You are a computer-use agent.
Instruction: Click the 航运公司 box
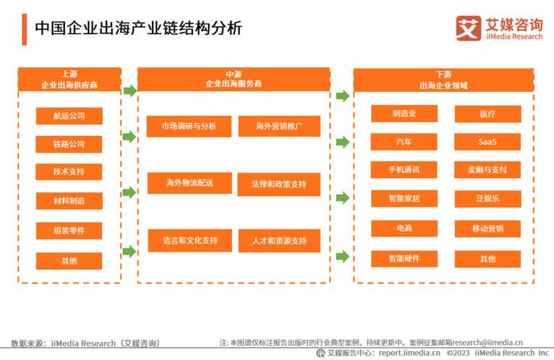pos(70,116)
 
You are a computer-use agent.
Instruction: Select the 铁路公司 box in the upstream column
pos(69,144)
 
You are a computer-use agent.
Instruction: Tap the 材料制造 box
pos(70,201)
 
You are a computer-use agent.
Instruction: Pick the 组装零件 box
pos(69,231)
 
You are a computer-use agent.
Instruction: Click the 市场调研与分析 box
pos(189,126)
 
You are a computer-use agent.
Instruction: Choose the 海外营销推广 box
pos(279,126)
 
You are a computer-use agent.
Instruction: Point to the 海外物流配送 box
pos(190,183)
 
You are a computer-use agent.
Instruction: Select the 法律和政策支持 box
pos(279,184)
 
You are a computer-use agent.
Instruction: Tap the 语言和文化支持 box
pos(190,241)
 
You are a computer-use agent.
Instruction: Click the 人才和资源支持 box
pos(279,241)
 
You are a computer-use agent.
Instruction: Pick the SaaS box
pos(488,142)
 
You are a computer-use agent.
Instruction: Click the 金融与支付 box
pos(488,170)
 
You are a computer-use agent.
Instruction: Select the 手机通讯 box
pos(404,170)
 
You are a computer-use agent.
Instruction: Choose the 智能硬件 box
pos(404,259)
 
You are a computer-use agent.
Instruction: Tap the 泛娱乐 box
pos(488,199)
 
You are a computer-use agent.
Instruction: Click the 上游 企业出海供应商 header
pos(70,79)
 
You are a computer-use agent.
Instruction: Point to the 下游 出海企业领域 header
pos(444,80)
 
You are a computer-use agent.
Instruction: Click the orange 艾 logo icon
pos(469,28)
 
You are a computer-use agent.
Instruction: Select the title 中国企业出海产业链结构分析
pos(138,28)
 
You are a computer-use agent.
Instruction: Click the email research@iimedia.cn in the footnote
pos(488,343)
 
